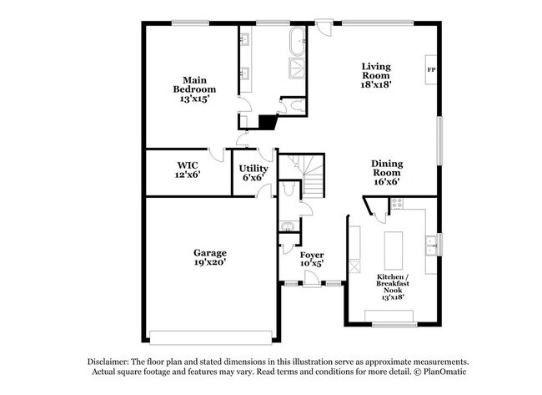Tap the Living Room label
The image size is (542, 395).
click(377, 73)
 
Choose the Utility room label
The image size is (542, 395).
click(253, 172)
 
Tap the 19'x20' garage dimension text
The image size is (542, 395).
click(211, 262)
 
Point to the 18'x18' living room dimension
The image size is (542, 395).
click(377, 84)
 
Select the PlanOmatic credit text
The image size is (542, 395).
click(439, 373)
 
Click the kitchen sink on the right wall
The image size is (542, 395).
click(431, 244)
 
